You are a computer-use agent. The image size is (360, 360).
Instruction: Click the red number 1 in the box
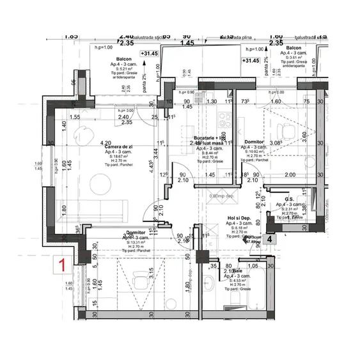pos(62,262)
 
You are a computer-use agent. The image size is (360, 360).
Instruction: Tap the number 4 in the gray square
pos(270,239)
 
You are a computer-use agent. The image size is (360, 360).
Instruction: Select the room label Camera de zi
pos(118,147)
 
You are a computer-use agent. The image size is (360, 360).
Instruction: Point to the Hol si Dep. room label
pos(239,218)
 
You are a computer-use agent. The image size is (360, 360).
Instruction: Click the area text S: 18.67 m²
pos(119,156)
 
